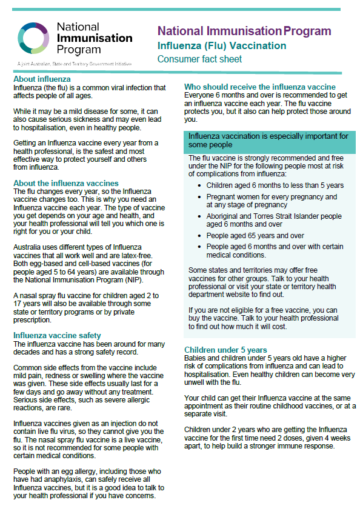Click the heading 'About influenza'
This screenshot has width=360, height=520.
click(42, 79)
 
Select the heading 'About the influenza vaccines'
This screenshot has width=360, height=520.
click(66, 183)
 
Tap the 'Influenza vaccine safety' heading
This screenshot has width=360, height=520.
click(57, 335)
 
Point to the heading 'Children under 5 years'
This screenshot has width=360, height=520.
click(225, 350)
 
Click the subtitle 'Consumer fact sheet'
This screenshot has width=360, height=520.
click(199, 59)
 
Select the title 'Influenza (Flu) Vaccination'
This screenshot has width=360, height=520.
click(222, 45)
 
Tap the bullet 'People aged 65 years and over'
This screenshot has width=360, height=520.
click(255, 236)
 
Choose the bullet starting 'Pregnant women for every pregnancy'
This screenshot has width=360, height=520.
click(272, 198)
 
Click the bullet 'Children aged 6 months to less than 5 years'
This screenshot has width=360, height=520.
click(275, 185)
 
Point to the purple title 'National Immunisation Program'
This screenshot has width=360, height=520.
click(244, 32)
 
